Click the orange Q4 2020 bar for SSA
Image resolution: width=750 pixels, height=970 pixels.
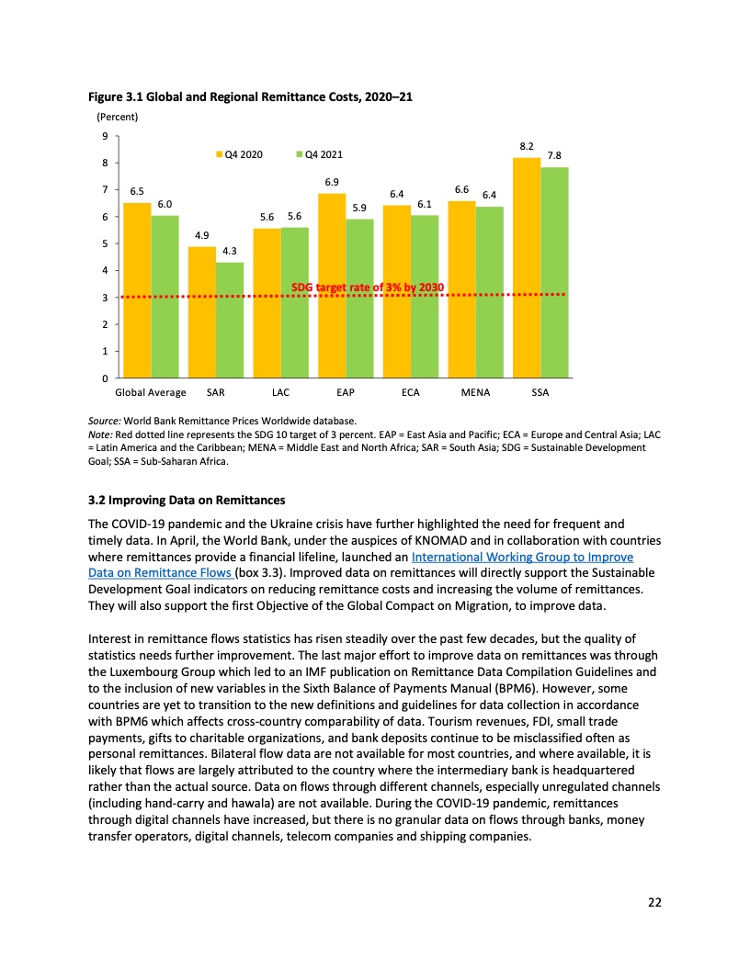[x=527, y=267]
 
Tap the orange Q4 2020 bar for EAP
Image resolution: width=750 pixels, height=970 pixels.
[x=332, y=286]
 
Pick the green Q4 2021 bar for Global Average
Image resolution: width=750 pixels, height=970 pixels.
[x=165, y=297]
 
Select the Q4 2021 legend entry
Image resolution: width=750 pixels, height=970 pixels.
[x=319, y=154]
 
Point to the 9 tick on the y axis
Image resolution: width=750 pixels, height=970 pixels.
[x=104, y=136]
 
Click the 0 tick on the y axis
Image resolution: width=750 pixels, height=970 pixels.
[x=104, y=378]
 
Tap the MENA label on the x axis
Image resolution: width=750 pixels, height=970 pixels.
[x=475, y=392]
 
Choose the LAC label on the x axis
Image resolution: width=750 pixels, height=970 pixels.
[x=281, y=392]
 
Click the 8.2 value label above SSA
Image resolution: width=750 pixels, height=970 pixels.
[x=527, y=146]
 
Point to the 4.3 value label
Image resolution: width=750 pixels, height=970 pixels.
[x=230, y=252]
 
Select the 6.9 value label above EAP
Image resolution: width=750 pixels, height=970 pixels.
[x=332, y=182]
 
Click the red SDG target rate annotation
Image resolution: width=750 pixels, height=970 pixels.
[x=368, y=288]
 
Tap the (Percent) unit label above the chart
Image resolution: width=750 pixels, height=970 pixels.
[x=117, y=117]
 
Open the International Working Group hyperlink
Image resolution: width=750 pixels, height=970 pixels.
[x=523, y=557]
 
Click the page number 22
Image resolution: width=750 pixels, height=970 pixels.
[x=653, y=902]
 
